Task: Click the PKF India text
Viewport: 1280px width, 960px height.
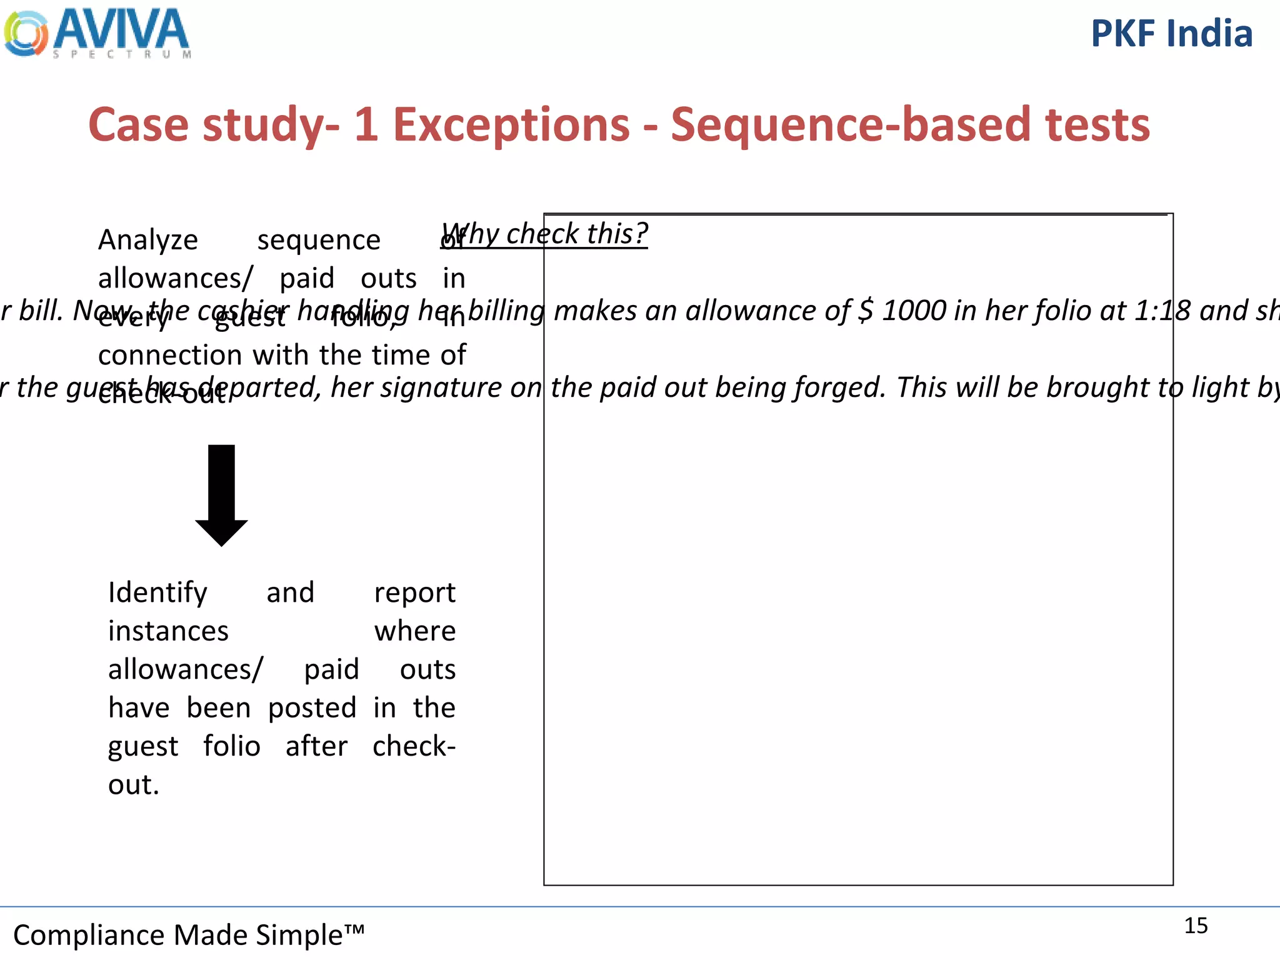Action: point(1171,34)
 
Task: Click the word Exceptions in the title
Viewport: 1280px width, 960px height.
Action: point(511,124)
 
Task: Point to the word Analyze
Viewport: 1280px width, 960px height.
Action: point(148,241)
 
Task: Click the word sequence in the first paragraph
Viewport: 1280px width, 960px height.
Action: point(319,241)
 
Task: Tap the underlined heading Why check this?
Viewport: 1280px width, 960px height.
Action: point(544,234)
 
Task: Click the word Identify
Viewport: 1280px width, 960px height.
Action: point(157,593)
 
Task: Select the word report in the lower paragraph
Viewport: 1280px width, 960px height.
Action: point(414,593)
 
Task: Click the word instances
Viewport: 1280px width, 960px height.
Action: point(168,631)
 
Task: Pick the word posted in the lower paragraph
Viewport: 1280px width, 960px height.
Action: point(312,708)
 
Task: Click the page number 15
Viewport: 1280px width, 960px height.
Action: point(1196,926)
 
